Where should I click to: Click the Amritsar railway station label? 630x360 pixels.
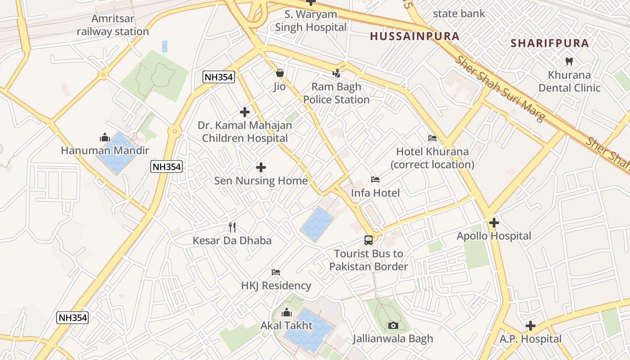coord(112,25)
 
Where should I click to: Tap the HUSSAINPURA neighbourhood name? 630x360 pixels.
coord(414,36)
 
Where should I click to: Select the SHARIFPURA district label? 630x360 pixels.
coord(550,43)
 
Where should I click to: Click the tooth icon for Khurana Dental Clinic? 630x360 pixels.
coord(569,62)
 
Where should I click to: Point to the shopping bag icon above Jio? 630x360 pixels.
coord(280,73)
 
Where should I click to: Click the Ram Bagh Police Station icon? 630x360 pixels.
coord(337,73)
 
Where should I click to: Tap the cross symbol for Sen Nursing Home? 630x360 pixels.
coord(261,168)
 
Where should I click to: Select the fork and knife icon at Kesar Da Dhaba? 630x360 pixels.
coord(232,227)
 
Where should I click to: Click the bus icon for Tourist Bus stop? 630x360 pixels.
coord(369,240)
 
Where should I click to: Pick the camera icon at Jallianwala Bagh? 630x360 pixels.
coord(393,325)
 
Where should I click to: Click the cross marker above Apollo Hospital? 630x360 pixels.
coord(494,223)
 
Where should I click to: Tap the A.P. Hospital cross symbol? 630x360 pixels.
coord(531,326)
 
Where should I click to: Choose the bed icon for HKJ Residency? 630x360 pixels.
coord(276,272)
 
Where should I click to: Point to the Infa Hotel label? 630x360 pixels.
coord(375,193)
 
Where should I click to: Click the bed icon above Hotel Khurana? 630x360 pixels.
coord(432,138)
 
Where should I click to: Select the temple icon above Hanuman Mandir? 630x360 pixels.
coord(105,137)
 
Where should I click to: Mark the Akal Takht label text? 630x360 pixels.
coord(287,325)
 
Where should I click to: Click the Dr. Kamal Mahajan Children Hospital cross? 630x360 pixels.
coord(245,112)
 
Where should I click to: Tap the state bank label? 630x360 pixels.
coord(459,13)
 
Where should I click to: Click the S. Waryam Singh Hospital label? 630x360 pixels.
coord(311,21)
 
